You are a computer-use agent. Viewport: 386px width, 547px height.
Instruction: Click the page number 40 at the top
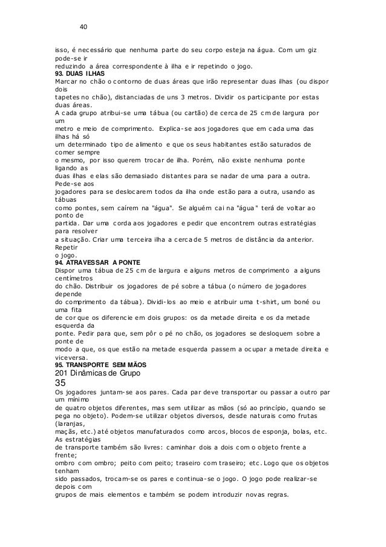[84, 26]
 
